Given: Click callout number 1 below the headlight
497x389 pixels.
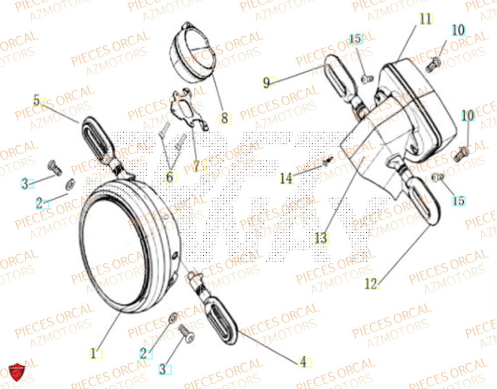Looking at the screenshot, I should click(93, 354).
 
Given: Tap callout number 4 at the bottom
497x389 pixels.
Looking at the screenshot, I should click(302, 363).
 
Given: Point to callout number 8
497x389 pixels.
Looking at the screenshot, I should click(224, 119).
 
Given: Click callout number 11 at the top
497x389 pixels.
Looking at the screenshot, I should click(425, 19).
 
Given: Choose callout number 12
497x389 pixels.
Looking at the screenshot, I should click(371, 284).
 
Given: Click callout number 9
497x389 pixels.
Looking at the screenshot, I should click(266, 82).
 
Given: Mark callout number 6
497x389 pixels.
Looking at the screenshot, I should click(170, 177).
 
